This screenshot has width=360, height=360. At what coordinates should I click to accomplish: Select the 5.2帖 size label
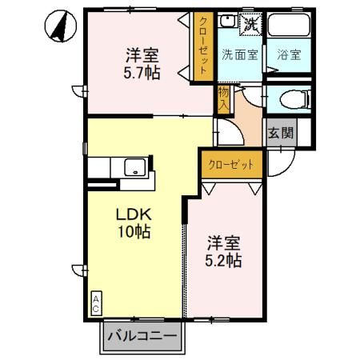pos(225,260)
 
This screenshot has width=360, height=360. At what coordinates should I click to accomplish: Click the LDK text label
pos(135,215)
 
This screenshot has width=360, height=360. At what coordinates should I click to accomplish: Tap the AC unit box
pos(95,302)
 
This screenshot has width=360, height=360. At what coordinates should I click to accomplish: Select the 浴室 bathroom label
pos(288,56)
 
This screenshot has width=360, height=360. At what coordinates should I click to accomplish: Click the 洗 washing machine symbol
pos(250,24)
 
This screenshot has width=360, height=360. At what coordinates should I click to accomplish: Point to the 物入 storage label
pos(223,99)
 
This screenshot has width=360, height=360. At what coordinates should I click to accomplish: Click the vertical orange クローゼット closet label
pos(203,46)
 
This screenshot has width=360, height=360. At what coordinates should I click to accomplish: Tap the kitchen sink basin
pos(134,167)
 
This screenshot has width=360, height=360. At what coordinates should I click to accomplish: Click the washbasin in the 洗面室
pos(227,22)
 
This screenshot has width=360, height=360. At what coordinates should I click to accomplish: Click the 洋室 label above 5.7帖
pos(141,57)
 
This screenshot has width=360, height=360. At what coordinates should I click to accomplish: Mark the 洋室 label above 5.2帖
pos(225,242)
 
